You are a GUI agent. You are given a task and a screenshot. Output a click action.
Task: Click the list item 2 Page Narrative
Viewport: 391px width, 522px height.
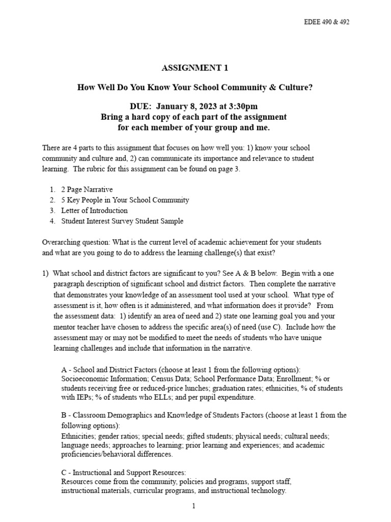point(87,189)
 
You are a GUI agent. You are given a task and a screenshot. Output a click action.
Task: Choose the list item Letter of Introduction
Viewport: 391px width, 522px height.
point(94,211)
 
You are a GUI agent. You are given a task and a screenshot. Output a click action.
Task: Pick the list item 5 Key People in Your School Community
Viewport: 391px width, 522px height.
point(125,200)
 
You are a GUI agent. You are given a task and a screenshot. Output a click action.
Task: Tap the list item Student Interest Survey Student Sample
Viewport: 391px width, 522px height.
point(122,221)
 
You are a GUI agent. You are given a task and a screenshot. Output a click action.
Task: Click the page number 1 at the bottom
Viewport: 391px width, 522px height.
point(194,506)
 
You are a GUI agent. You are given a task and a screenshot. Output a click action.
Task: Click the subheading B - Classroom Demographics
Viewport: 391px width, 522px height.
point(110,415)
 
